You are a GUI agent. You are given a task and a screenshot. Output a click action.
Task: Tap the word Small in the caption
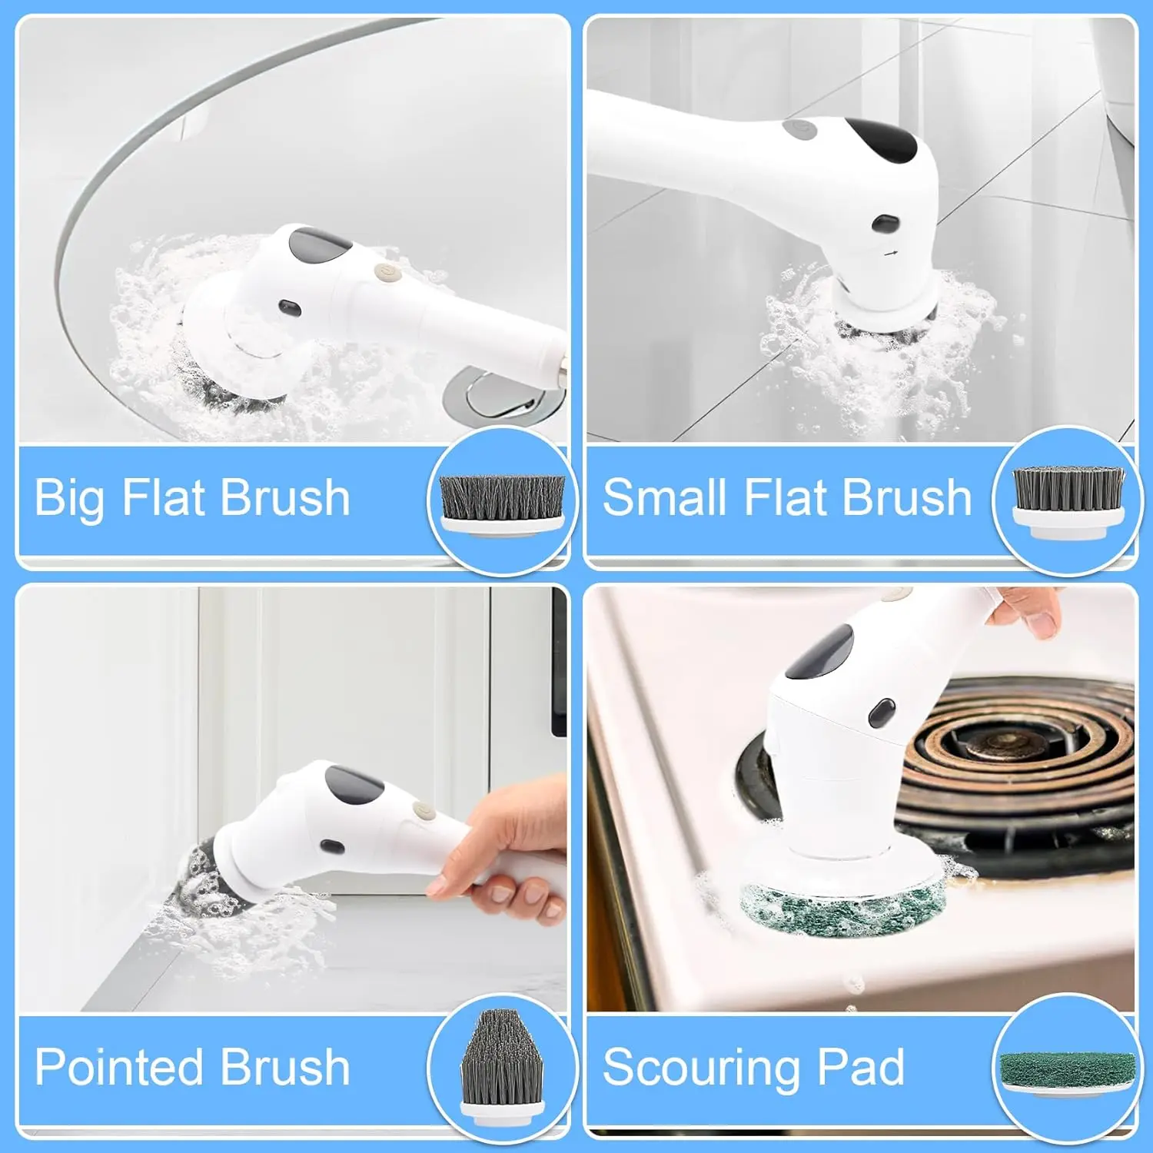coord(665,497)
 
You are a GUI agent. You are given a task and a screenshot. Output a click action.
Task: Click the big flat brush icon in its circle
coord(502,501)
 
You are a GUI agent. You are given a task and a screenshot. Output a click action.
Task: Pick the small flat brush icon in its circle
coord(1068,501)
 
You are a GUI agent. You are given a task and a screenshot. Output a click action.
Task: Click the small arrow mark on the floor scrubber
coord(891,252)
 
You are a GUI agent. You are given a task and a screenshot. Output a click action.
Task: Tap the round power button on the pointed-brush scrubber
coord(421,810)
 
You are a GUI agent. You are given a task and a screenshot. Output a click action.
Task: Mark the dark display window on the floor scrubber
coord(882,139)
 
